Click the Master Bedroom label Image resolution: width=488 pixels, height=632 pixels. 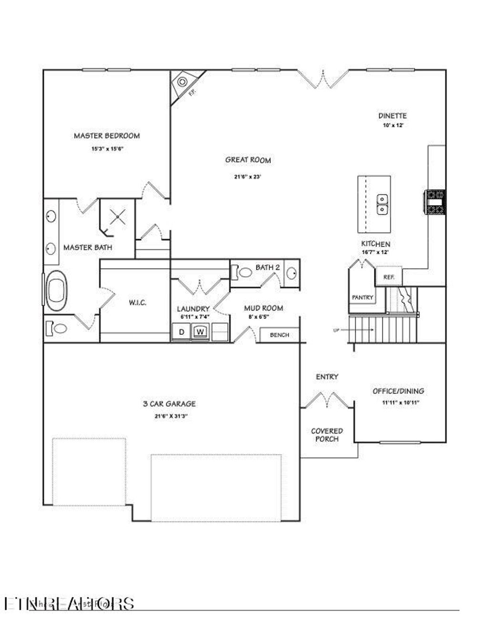(x=107, y=135)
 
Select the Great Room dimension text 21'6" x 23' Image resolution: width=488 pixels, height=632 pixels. (x=247, y=176)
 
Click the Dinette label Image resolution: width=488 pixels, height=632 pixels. (x=392, y=115)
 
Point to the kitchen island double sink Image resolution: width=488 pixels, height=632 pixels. (x=382, y=204)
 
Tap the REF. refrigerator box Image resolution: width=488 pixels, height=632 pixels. (x=389, y=277)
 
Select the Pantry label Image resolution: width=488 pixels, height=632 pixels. (x=362, y=298)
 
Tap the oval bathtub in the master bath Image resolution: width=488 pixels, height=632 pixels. (x=56, y=290)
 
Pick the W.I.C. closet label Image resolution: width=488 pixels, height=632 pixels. (x=137, y=303)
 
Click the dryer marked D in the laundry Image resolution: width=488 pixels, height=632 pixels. (x=182, y=332)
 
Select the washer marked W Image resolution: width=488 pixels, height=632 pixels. (x=201, y=332)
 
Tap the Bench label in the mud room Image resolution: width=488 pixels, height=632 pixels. (x=279, y=335)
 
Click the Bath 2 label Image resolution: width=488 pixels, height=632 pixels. (x=267, y=267)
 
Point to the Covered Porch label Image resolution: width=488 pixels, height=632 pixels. (x=327, y=435)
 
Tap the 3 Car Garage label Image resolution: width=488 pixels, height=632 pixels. (x=169, y=404)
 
